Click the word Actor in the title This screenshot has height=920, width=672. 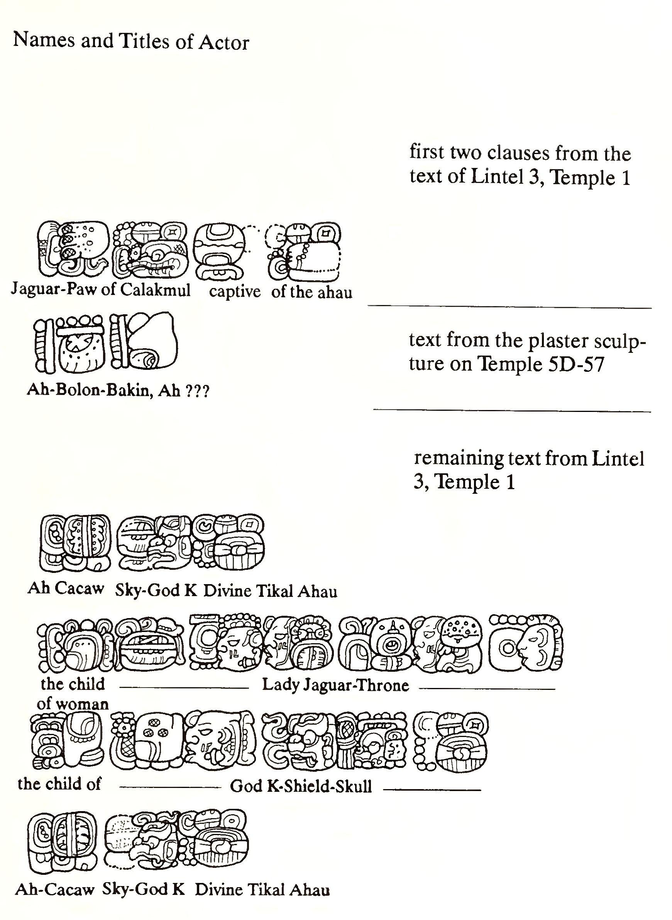click(223, 43)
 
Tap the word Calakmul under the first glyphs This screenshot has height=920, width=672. click(156, 290)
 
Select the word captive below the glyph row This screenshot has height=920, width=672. click(235, 291)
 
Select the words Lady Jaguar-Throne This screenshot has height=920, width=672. click(335, 685)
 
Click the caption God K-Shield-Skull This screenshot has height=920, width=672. click(301, 786)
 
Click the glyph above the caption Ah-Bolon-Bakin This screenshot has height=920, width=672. click(69, 344)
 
